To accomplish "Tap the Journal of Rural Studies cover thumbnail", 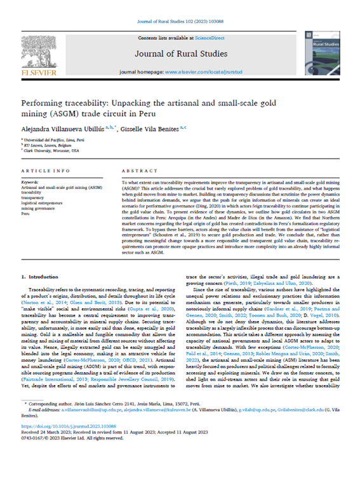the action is pos(319,53).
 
